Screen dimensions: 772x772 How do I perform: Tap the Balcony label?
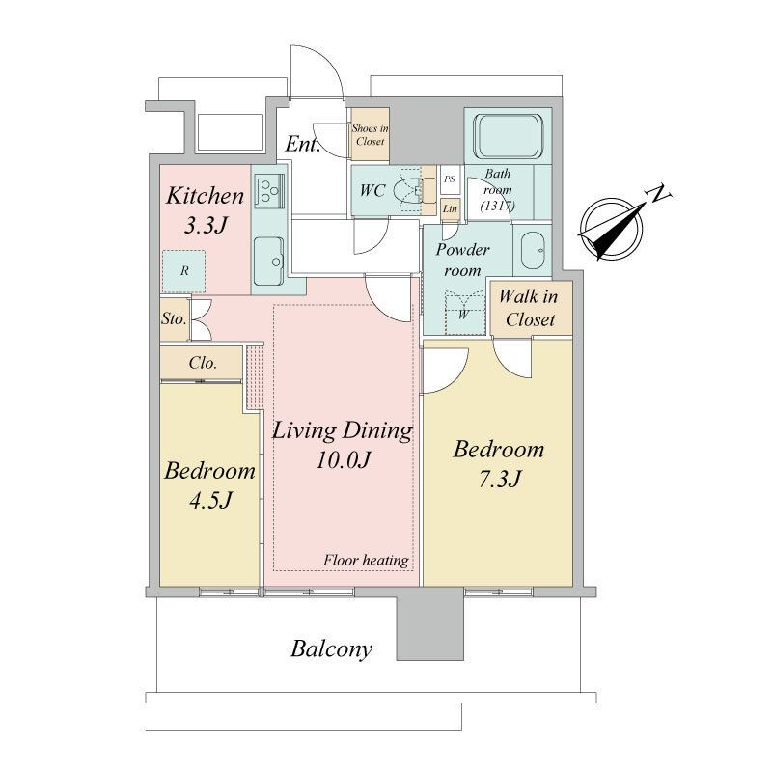(x=331, y=649)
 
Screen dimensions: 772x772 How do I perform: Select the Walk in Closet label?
(x=529, y=308)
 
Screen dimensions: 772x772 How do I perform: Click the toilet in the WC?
(x=407, y=190)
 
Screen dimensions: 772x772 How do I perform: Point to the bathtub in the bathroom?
(x=509, y=136)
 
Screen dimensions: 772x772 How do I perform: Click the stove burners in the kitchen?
(x=268, y=190)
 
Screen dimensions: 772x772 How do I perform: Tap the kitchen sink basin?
(x=269, y=261)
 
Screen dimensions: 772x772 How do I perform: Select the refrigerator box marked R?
(x=184, y=271)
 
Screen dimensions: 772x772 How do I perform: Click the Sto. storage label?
(x=174, y=319)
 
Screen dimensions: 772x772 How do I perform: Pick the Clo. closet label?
(x=203, y=364)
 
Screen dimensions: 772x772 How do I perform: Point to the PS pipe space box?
(x=450, y=179)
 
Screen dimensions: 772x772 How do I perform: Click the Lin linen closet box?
(x=450, y=208)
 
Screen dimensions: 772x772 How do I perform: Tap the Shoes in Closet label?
(x=370, y=135)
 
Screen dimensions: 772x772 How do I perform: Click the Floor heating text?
(x=366, y=561)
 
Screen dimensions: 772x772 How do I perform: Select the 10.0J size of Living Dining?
(x=343, y=460)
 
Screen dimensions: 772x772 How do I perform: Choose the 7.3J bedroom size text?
(x=500, y=479)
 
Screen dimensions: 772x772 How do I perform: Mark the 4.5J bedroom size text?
(x=210, y=500)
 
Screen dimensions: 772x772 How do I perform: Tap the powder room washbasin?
(x=533, y=250)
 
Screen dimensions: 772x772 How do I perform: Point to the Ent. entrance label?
(x=303, y=144)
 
